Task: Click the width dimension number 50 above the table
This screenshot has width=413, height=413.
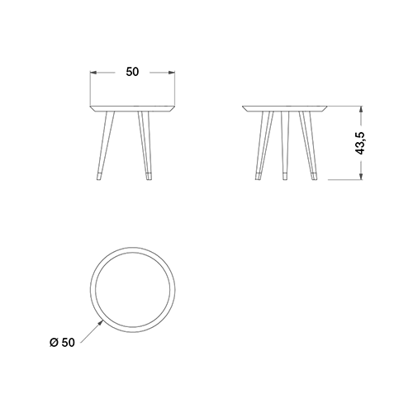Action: tap(132, 72)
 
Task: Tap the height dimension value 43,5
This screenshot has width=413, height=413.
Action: tap(361, 143)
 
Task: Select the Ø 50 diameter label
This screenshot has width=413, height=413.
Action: tap(62, 343)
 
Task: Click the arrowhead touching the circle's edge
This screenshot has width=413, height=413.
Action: tap(101, 322)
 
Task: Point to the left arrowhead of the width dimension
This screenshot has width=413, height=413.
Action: tap(93, 73)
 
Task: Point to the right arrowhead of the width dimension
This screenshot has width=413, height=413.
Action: tap(172, 73)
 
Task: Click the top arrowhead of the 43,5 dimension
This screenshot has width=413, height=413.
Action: tap(361, 110)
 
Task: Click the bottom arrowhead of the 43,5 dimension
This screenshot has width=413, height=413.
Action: tap(361, 177)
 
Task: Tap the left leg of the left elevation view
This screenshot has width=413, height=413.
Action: tap(105, 145)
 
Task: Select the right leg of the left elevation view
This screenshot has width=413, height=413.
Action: tap(145, 145)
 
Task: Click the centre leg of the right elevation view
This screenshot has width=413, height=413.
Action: tap(285, 145)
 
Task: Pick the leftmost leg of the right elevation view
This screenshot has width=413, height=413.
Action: tap(263, 145)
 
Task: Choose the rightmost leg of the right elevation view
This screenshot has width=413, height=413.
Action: tap(308, 145)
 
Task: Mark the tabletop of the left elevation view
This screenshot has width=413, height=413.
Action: tap(133, 108)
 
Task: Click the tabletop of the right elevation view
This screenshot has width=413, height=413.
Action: tap(285, 108)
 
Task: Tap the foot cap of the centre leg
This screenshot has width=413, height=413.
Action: tap(285, 176)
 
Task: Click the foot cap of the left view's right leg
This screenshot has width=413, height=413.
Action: tap(149, 176)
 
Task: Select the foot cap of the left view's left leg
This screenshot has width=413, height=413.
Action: tap(98, 177)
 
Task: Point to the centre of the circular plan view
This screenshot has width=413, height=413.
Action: tap(132, 290)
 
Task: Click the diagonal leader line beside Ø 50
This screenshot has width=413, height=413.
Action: tap(91, 333)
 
